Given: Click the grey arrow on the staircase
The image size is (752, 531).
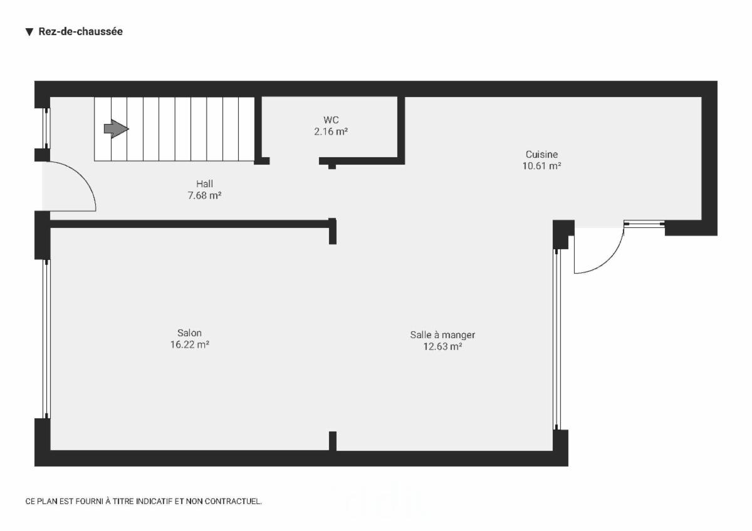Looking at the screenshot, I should click(116, 129).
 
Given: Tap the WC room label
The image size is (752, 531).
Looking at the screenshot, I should click(331, 120).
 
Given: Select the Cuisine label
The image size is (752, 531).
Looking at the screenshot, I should click(541, 154).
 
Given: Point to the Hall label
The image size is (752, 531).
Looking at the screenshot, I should click(204, 183).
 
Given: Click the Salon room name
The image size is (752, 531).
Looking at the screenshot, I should click(189, 333).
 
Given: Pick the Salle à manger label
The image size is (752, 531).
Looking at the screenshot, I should click(442, 334).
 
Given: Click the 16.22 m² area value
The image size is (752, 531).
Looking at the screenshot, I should click(189, 344).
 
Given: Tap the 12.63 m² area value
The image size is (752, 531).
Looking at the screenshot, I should click(442, 346).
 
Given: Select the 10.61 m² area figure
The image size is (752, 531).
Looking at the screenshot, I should click(541, 166).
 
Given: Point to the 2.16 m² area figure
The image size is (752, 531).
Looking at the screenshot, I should click(331, 131).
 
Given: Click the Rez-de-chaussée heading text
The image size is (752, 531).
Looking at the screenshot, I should click(80, 31).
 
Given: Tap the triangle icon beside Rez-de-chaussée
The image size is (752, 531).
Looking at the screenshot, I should click(29, 32).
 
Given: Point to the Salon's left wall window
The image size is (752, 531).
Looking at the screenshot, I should click(46, 338).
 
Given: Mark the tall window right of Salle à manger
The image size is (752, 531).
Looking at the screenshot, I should click(556, 338).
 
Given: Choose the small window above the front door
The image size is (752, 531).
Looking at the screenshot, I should click(46, 128).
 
